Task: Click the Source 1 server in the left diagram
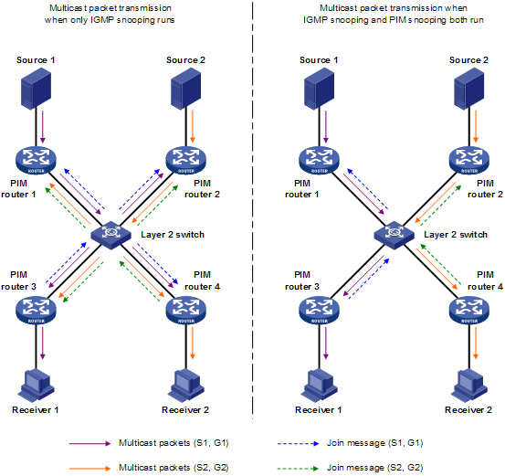coord(36,89)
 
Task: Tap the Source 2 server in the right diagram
coord(469,89)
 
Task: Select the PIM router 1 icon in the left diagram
coord(36,160)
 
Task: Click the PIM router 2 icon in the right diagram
coord(469,160)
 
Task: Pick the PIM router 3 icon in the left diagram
coord(36,311)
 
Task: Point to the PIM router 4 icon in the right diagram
coord(469,311)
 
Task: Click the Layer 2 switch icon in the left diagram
coord(110,236)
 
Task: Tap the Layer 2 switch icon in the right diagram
coord(394,236)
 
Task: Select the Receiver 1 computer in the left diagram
coord(36,386)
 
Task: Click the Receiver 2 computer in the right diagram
coord(469,386)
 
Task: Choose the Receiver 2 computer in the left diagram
coord(185,386)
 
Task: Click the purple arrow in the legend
coord(89,443)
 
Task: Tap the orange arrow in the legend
coord(89,469)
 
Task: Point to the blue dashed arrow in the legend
coord(299,443)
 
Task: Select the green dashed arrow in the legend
coord(299,469)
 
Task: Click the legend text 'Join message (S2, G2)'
coord(375,468)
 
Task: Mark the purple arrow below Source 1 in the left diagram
coord(42,127)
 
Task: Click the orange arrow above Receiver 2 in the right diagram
coord(476,343)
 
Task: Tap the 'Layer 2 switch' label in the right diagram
coord(456,235)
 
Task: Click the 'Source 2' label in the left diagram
coord(185,60)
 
